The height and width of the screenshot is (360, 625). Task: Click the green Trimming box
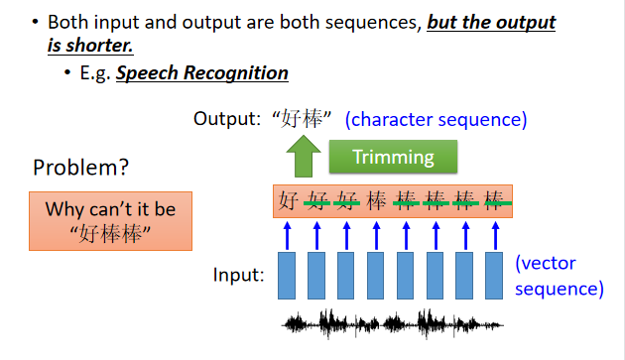(393, 157)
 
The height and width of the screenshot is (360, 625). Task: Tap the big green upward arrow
(304, 157)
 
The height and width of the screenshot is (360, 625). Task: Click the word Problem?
(81, 168)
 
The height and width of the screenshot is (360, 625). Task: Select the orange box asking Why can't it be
(110, 221)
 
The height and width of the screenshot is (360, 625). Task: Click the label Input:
(239, 275)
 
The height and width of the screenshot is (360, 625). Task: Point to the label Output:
(227, 119)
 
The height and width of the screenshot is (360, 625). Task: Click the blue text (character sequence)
(437, 120)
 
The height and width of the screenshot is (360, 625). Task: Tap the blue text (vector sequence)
(560, 276)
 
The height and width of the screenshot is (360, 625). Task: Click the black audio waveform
(393, 323)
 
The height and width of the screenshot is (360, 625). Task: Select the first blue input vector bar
(287, 276)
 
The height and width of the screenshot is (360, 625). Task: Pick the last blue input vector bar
(494, 276)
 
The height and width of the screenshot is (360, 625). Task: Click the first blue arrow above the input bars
(287, 236)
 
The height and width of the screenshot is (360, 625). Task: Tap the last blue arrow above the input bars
(495, 236)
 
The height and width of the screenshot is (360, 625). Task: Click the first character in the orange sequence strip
(288, 200)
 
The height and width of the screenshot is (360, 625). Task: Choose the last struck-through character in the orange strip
(494, 200)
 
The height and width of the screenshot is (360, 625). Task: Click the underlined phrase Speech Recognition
(202, 73)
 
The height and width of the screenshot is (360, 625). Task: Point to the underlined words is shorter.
(90, 45)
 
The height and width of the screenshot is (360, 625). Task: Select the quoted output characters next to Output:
(302, 119)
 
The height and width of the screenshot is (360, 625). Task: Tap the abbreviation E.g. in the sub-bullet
(95, 73)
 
